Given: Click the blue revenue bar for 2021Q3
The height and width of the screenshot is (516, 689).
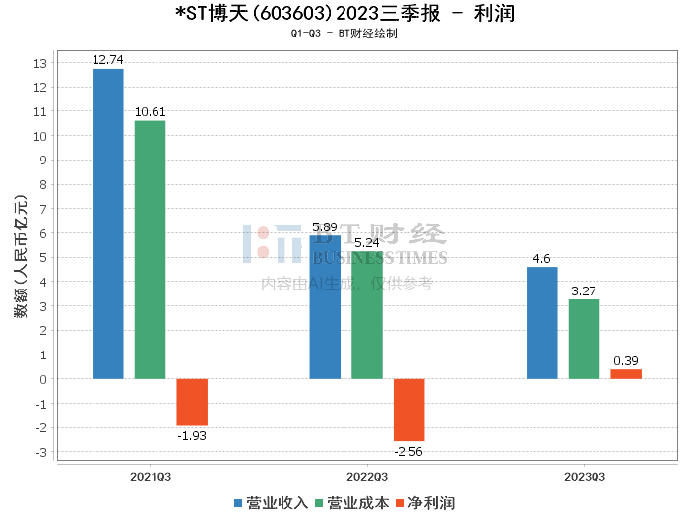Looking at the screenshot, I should point(108,224).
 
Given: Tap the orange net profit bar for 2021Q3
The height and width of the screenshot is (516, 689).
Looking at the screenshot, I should point(192,402).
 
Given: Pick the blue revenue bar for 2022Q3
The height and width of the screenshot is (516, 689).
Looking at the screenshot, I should point(325,307).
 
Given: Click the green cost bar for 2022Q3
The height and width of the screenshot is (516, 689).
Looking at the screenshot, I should point(367,315).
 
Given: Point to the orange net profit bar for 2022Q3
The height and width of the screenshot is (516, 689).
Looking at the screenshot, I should point(408,410).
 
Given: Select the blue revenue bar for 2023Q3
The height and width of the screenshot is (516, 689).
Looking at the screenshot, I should point(542,323).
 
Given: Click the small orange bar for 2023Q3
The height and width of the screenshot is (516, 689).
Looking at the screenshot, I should point(626,374).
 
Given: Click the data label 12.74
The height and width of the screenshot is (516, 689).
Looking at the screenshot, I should point(108,60).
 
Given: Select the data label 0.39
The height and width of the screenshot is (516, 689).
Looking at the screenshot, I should point(626,361).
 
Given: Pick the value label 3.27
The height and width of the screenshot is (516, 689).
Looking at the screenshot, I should point(584,291).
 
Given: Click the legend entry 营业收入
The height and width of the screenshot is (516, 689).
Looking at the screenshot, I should point(272,502).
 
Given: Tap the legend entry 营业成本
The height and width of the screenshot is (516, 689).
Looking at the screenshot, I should point(351,502).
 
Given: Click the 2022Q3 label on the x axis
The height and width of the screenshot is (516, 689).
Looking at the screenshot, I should point(367,476).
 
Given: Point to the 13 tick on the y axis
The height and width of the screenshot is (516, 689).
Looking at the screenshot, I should point(40,63).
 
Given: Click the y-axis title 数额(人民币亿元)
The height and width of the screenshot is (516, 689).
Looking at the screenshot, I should point(19,261).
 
